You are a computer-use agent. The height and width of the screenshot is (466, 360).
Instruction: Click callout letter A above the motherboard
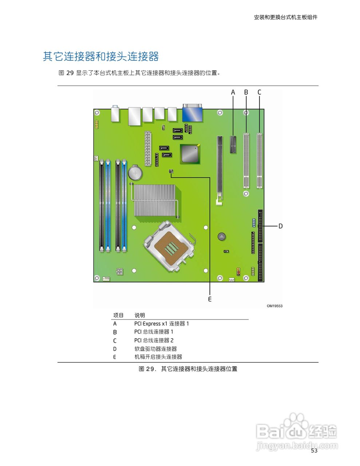(233, 92)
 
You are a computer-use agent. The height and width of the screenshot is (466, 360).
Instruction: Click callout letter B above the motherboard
(246, 92)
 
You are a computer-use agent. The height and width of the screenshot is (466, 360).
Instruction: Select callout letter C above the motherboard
(259, 92)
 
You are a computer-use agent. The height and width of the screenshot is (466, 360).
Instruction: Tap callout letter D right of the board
(280, 226)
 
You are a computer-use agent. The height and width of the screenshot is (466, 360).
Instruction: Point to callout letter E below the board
(210, 299)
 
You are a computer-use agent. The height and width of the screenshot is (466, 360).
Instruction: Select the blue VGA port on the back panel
(192, 113)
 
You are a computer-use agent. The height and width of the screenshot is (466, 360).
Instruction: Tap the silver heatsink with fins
(154, 200)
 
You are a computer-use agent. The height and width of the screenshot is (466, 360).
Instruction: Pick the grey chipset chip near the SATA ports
(190, 154)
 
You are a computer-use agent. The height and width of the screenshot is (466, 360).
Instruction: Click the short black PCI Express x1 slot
(233, 145)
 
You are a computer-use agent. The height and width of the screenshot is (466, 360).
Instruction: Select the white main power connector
(148, 149)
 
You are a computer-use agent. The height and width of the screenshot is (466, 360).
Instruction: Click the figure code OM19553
(274, 306)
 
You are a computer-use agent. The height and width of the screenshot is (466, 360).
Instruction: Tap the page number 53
(314, 451)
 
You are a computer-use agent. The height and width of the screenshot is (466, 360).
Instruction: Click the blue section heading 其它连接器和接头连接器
(101, 57)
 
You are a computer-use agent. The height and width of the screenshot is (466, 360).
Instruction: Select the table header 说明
(140, 315)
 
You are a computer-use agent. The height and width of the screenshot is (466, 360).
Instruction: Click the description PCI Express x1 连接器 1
(161, 324)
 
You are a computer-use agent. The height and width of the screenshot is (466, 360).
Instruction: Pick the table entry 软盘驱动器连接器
(155, 349)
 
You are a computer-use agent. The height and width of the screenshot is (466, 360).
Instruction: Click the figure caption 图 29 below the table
(188, 369)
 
